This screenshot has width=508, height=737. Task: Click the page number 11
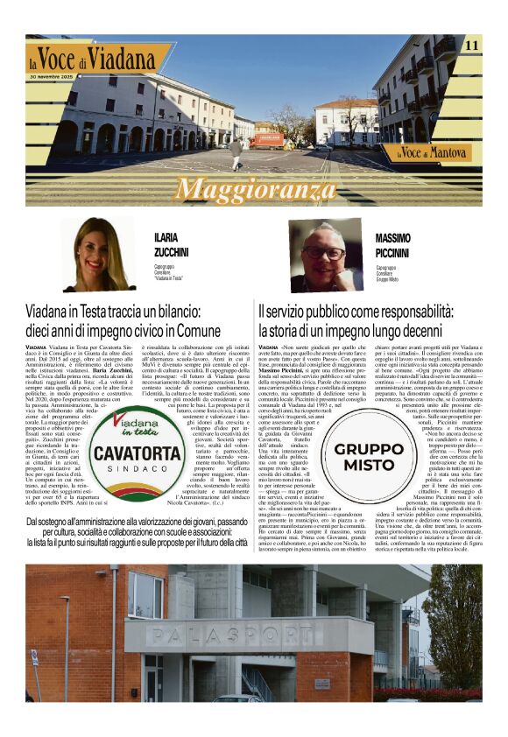click(x=471, y=46)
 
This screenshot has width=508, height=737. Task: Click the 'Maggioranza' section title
click(x=253, y=189)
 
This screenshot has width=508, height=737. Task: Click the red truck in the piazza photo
click(x=267, y=140)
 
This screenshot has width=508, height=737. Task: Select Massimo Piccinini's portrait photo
click(x=326, y=255)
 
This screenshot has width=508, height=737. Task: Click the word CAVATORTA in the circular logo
click(x=137, y=453)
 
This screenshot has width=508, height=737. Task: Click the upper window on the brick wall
click(x=145, y=594)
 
